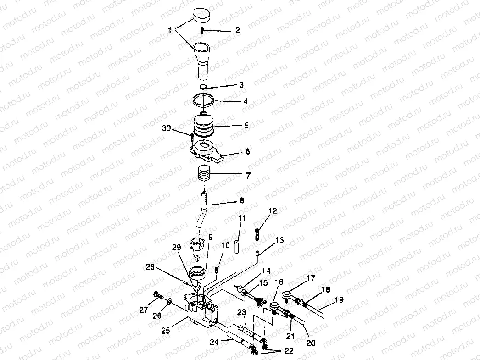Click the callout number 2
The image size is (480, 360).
238,30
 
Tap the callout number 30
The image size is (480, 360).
166,128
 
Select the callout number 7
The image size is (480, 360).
248,176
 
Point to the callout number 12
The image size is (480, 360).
273,210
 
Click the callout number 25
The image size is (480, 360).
166,331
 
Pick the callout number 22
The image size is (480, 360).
289,350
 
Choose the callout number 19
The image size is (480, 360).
339,300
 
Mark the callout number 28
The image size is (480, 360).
150,267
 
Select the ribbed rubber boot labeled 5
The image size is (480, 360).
204,126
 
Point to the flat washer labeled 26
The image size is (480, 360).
169,302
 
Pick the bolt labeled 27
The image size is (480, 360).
157,295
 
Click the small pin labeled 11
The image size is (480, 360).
236,246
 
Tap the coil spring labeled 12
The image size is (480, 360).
257,234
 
